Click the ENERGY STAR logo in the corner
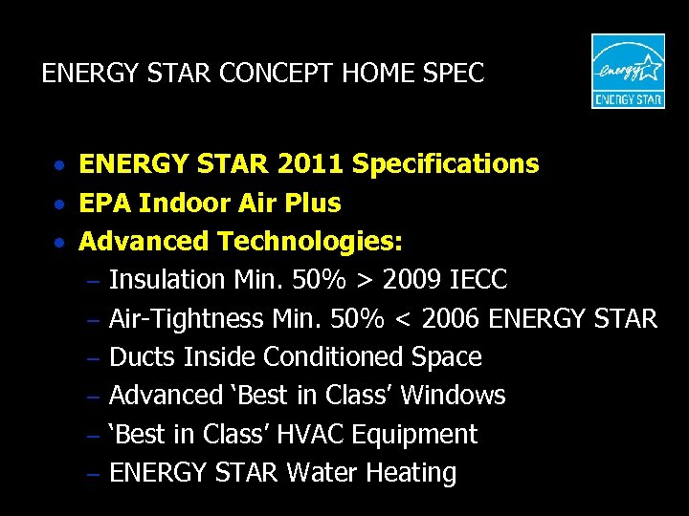(x=628, y=72)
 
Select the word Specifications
(x=446, y=164)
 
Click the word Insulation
(x=167, y=280)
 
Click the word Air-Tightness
(x=187, y=318)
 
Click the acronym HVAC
(x=312, y=434)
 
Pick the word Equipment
(x=415, y=435)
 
